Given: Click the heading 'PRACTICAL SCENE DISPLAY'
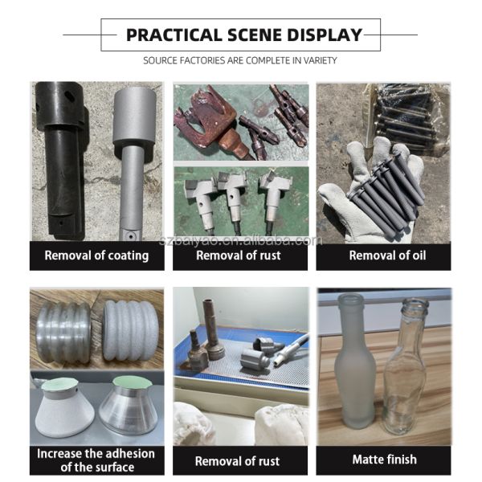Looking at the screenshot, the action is [x=244, y=35].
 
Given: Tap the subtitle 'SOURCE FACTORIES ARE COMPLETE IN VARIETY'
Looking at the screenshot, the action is [x=240, y=60].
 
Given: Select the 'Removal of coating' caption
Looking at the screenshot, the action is [x=96, y=255].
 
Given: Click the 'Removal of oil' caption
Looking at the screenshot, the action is [x=387, y=255].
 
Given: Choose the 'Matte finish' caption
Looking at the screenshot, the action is [x=385, y=460].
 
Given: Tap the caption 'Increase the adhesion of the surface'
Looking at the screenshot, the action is [x=96, y=460].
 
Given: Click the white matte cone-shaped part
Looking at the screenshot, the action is [x=64, y=409].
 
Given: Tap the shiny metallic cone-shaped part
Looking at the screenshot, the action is [x=129, y=406].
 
